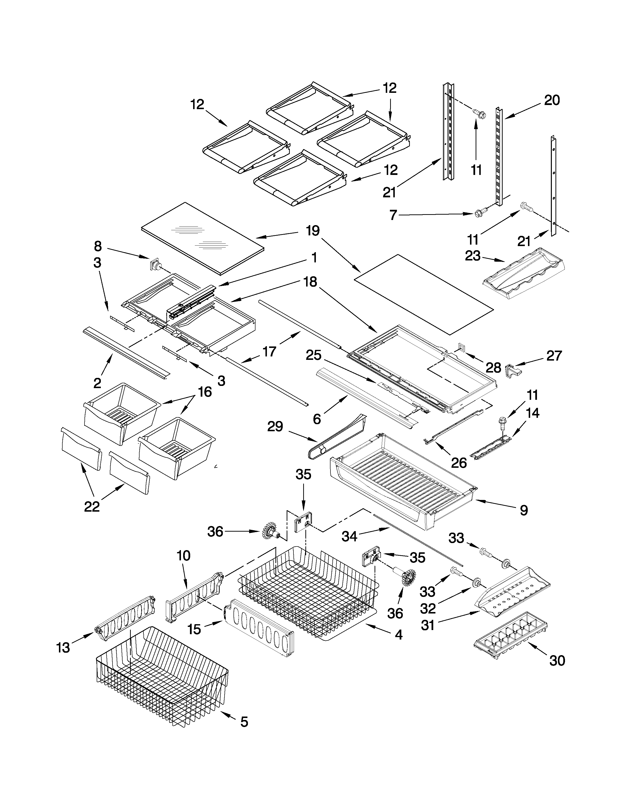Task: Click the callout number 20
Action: (x=552, y=100)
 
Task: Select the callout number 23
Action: (x=473, y=256)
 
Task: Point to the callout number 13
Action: (x=63, y=648)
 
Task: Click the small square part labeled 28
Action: (x=461, y=346)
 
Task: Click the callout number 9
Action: (x=524, y=510)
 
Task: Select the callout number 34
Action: (x=349, y=536)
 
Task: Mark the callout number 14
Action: (x=532, y=413)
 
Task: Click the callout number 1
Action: (x=314, y=258)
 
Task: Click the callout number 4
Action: (x=398, y=635)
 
